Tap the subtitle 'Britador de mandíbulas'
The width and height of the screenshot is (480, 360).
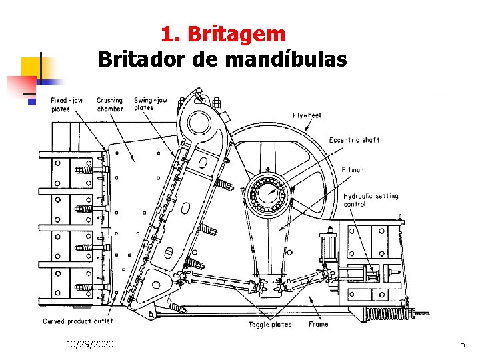click(223, 60)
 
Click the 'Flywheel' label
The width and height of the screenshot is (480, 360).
click(307, 115)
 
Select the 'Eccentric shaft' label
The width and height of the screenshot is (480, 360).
click(354, 140)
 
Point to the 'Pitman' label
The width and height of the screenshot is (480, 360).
click(353, 169)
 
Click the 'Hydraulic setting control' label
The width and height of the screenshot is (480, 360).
click(371, 200)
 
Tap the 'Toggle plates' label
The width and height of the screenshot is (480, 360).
click(269, 325)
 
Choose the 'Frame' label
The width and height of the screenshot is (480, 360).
click(318, 325)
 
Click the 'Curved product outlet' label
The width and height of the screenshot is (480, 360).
click(78, 321)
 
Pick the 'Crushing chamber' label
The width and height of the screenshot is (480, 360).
click(109, 105)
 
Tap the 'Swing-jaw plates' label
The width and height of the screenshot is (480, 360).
click(150, 104)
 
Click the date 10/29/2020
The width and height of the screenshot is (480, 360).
click(90, 344)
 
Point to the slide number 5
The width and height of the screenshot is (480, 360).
click(462, 344)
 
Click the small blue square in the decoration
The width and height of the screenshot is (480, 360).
click(31, 101)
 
